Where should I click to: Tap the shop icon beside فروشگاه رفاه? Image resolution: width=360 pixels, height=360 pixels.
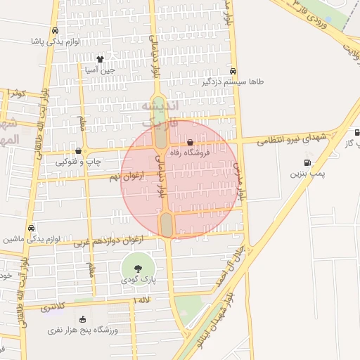pyautogui.click(x=190, y=143)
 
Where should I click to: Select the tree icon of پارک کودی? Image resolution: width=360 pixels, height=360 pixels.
pyautogui.click(x=137, y=267)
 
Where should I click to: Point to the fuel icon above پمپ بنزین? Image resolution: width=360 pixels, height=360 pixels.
pyautogui.click(x=306, y=162)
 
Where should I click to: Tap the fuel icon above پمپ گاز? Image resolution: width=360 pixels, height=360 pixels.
pyautogui.click(x=357, y=131)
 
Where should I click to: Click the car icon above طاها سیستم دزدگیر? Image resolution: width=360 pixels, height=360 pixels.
pyautogui.click(x=233, y=71)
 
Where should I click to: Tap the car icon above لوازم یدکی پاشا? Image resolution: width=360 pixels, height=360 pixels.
pyautogui.click(x=55, y=31)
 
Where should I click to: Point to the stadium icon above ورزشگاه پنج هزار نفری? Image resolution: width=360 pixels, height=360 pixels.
pyautogui.click(x=84, y=319)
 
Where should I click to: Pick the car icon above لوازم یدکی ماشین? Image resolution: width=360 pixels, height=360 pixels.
pyautogui.click(x=32, y=229)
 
